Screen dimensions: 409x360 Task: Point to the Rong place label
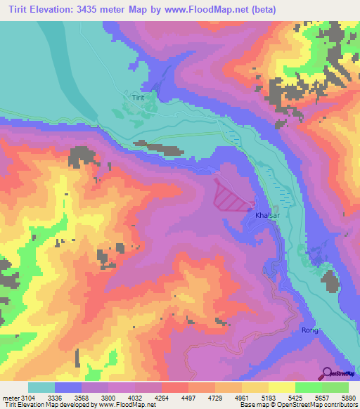310,330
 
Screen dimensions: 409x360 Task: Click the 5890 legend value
348,398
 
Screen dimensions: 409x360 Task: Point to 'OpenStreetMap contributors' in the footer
316,405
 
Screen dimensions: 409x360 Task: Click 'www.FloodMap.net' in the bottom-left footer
130,405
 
